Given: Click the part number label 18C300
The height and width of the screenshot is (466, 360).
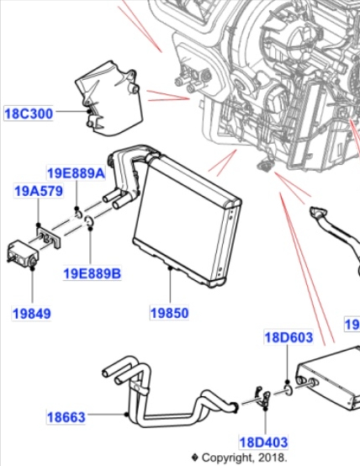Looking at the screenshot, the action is tap(29, 114).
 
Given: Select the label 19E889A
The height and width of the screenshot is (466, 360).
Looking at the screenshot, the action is tap(77, 173).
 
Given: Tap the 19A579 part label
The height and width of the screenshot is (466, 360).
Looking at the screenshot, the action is tap(39, 191).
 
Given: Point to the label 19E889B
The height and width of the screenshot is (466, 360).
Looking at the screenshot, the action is tap(93, 273).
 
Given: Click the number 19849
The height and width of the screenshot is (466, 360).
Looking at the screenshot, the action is tap(32, 314).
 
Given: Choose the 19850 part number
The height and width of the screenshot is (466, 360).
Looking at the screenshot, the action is tap(169, 313).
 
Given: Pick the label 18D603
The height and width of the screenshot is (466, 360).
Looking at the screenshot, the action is tap(289, 337).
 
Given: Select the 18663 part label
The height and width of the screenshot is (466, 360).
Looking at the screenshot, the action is tap(66, 417).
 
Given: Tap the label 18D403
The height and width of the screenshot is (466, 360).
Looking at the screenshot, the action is tap(263, 442).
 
